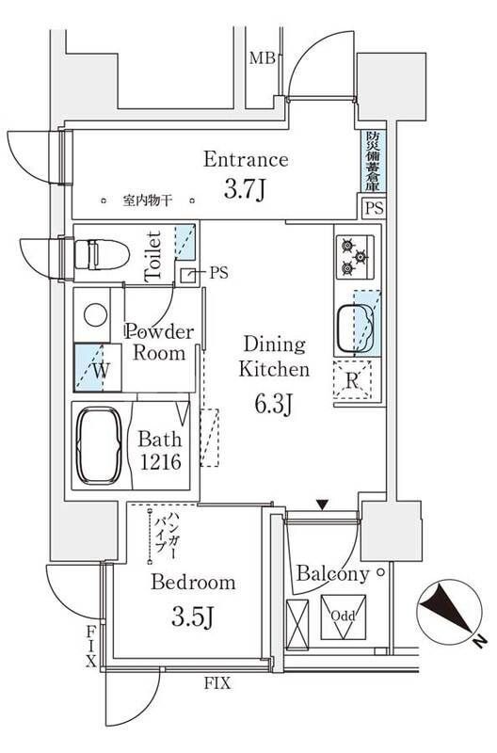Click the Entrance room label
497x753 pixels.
coord(246,159)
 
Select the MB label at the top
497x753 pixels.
coord(261,59)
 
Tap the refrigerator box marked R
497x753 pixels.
coord(352,382)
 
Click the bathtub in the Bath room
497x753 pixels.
coord(99,444)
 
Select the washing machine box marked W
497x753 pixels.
coord(97,369)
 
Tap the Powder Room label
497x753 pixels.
coord(159,343)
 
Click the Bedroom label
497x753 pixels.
coord(193,583)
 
